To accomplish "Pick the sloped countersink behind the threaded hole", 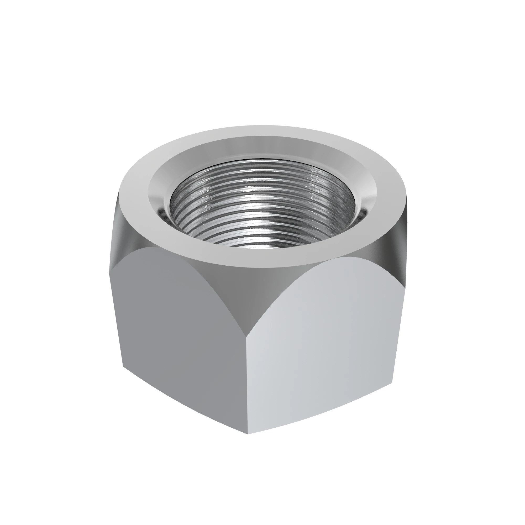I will click(x=262, y=148).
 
